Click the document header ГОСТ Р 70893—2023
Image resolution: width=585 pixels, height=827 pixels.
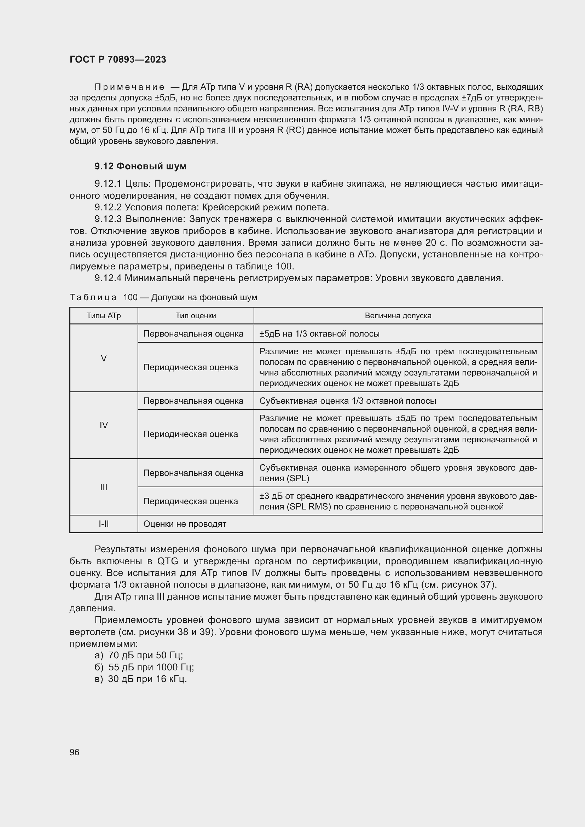tap(118, 59)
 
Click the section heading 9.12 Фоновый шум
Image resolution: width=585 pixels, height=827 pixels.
tap(140, 166)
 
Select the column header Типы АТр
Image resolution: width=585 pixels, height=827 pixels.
tap(104, 315)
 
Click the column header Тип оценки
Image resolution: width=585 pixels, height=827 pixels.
tap(196, 315)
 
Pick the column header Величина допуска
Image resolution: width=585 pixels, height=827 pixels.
tap(398, 315)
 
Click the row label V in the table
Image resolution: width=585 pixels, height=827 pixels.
tap(104, 358)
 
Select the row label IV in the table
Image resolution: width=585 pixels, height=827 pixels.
tap(104, 425)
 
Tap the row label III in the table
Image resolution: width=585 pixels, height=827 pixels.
tap(104, 487)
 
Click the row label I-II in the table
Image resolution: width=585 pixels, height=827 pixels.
tap(104, 524)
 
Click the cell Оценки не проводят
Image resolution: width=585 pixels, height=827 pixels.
tap(185, 524)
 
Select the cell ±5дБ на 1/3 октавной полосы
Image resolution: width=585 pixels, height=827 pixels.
tap(319, 333)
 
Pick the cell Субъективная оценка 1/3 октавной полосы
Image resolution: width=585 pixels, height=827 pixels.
tap(348, 401)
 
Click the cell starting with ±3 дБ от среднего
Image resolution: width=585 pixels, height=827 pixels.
tap(398, 501)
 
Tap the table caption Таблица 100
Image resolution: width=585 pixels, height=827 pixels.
tap(163, 297)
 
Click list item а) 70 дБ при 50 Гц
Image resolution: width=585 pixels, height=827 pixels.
tap(139, 655)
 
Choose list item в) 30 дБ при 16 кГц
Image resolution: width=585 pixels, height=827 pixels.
tap(140, 679)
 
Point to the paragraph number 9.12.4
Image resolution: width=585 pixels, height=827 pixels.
tap(109, 278)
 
